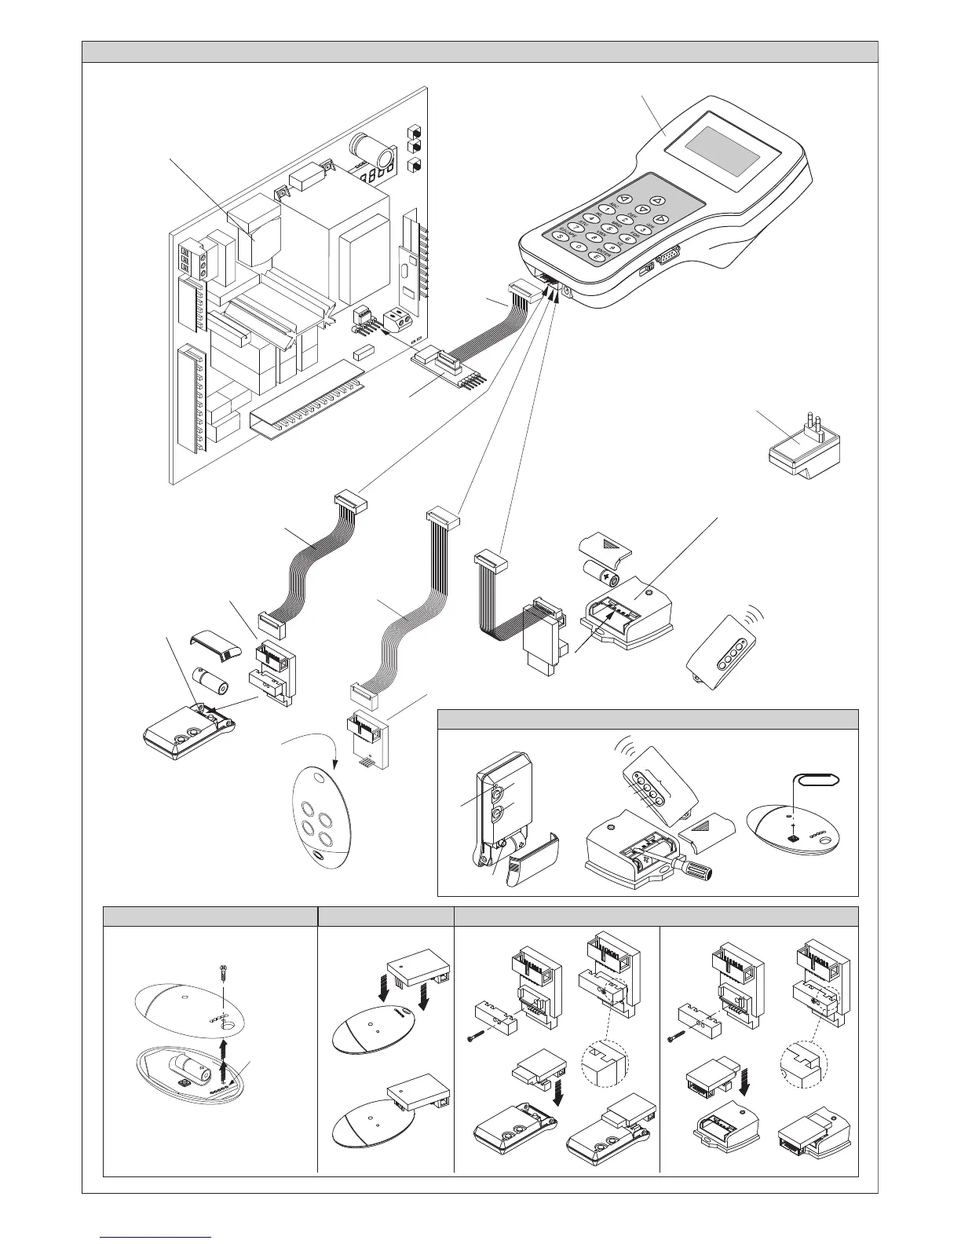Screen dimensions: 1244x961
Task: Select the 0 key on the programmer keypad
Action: pyautogui.click(x=579, y=247)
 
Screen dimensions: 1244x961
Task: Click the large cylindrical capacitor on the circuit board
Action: pyautogui.click(x=367, y=148)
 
